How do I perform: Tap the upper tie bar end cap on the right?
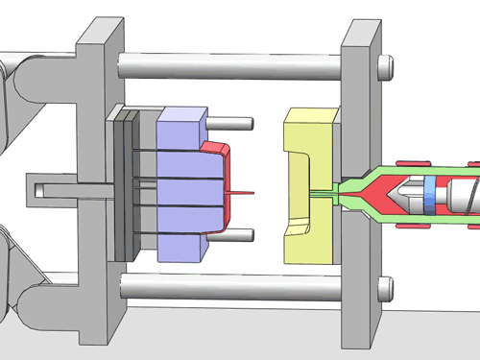[386, 66]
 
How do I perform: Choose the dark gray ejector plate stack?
[122, 182]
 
